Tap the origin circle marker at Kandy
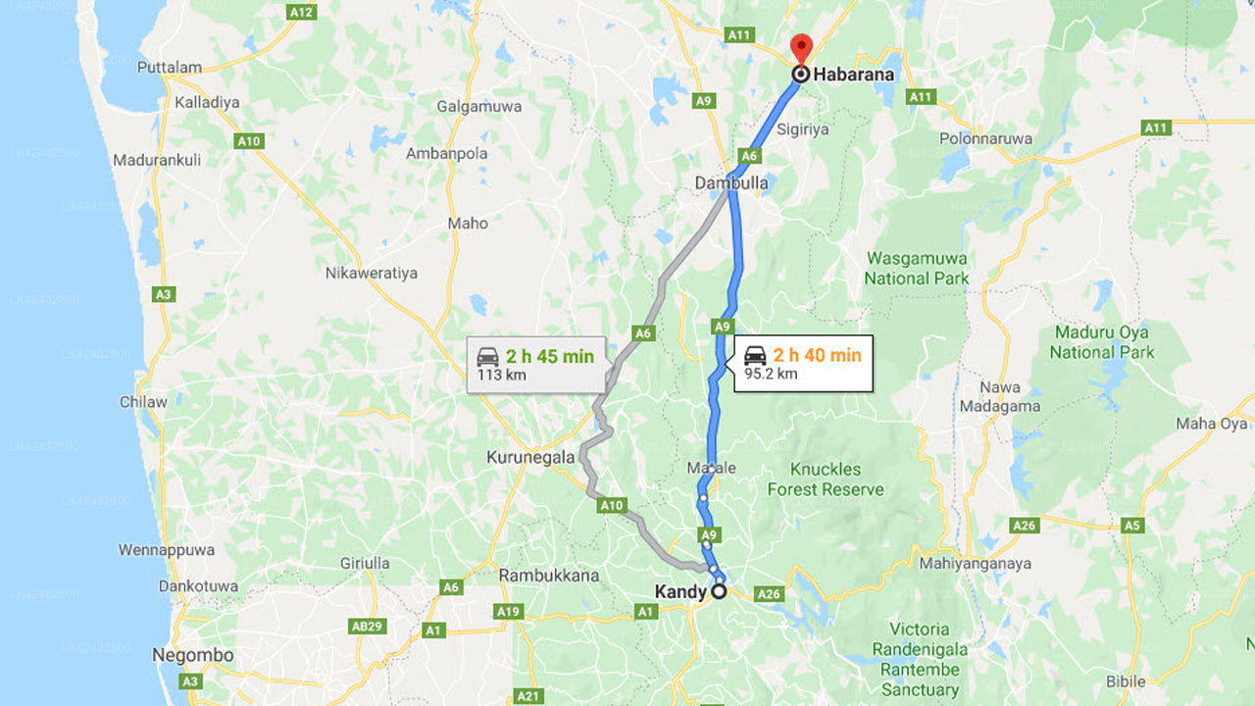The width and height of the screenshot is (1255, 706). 719,591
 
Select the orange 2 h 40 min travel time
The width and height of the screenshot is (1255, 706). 817,355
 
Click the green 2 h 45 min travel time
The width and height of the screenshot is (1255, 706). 550,356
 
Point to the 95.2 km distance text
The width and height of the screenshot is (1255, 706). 771,374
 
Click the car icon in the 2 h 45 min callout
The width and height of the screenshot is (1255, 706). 487,357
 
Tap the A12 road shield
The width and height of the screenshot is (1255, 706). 301,13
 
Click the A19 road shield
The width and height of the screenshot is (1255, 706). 507,612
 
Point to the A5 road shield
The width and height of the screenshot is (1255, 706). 1132,526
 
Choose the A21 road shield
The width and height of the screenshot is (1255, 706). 527,696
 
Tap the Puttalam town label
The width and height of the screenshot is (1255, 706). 170,68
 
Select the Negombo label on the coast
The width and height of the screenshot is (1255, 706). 193,655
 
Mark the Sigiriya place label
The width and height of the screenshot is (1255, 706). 803,129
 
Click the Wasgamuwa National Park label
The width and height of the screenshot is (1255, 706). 916,269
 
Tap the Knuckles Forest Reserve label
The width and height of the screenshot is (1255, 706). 825,479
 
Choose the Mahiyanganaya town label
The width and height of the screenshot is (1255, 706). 975,564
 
